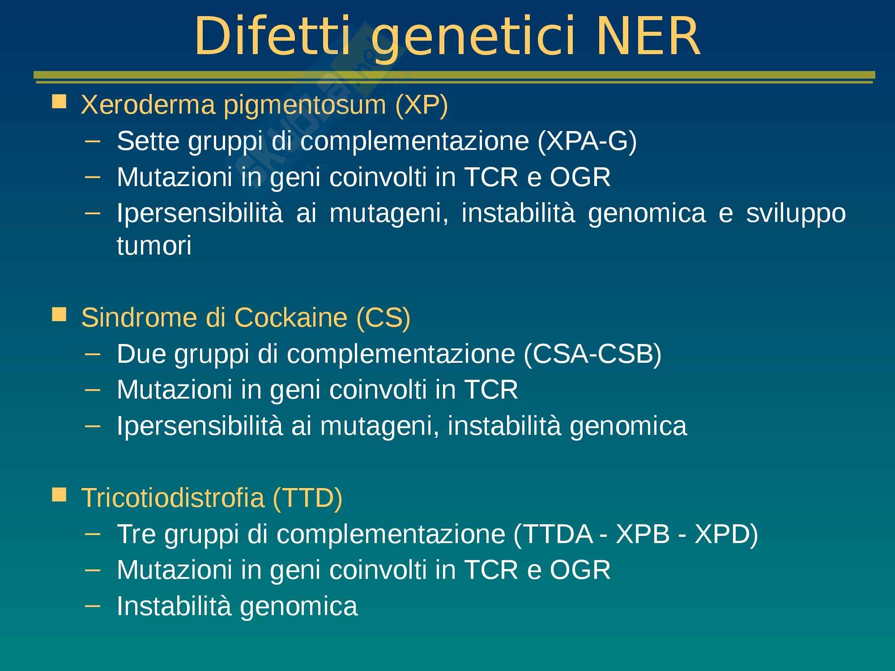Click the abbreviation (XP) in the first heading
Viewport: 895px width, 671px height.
422,106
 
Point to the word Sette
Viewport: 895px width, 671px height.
148,141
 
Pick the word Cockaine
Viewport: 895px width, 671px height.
291,318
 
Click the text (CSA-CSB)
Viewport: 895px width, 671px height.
592,355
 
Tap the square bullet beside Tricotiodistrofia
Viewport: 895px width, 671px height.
59,494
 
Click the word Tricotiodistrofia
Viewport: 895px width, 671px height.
172,497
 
